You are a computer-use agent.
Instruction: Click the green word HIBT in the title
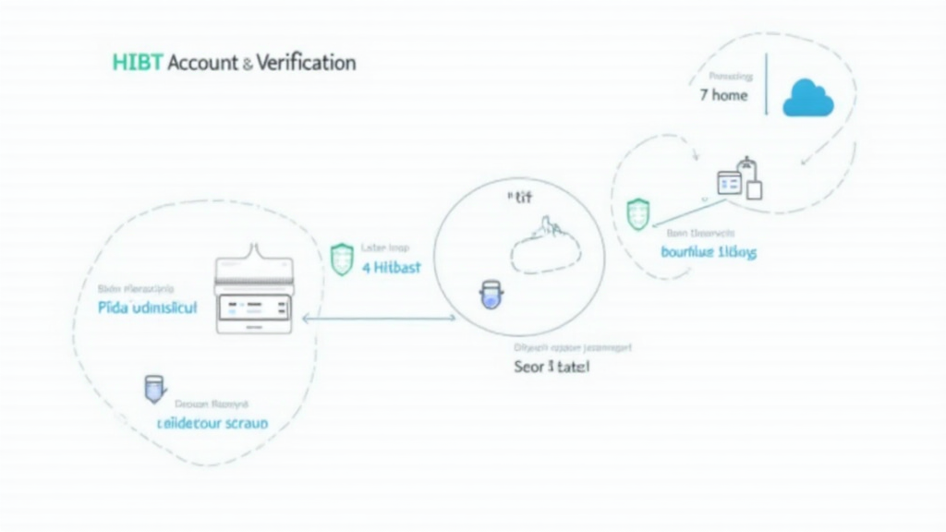(137, 63)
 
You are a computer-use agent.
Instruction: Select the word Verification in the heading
(306, 63)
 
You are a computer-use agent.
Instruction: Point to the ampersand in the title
(247, 64)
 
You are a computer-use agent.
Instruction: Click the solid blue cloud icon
(807, 98)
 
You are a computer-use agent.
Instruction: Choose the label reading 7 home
(723, 95)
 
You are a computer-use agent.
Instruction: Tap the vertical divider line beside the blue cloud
(766, 91)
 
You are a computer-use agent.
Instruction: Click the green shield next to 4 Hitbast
(342, 260)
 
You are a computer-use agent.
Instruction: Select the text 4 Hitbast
(392, 267)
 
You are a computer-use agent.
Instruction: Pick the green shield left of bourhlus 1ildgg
(638, 214)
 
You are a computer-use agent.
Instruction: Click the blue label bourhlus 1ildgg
(709, 251)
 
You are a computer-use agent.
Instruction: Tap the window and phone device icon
(740, 180)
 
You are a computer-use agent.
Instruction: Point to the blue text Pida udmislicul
(147, 308)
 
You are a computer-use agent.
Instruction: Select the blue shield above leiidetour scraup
(152, 390)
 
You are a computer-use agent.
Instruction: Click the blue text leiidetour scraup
(212, 423)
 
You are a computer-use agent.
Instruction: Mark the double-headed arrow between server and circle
(379, 319)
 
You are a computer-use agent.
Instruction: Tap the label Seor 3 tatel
(551, 366)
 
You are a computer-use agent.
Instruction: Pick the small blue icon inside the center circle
(490, 296)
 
